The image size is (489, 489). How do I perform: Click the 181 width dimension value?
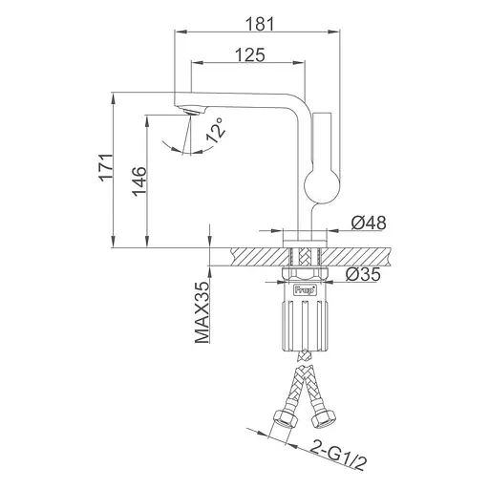coord(260,24)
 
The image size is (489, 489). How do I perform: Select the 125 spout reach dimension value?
coord(250,54)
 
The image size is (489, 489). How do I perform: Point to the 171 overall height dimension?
coord(106,168)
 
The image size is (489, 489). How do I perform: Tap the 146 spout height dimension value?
coord(139,181)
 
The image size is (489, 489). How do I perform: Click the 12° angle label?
coord(216,130)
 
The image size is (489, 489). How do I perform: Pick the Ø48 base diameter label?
coord(369,223)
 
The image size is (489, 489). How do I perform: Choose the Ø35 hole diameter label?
coord(363,274)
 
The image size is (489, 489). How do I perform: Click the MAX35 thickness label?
coord(202,312)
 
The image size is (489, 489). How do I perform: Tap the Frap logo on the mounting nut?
coord(305,290)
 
